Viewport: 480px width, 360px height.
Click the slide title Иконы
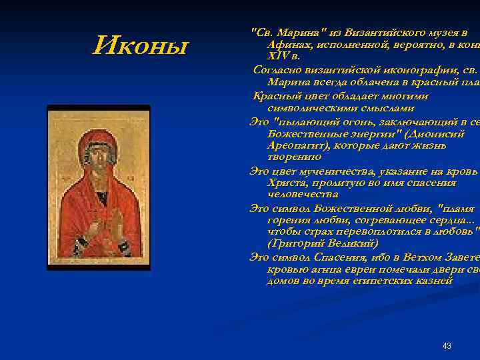click(x=141, y=46)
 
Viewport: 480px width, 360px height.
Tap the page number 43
click(x=447, y=346)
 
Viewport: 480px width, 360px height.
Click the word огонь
click(x=359, y=121)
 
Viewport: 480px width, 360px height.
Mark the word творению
click(x=294, y=157)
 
